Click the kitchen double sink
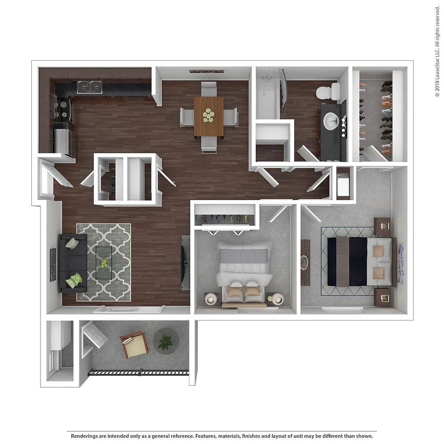click(x=90, y=87)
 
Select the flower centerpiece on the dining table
click(x=208, y=115)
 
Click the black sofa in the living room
click(x=73, y=263)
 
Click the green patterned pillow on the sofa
click(x=74, y=281)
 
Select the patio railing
click(x=138, y=373)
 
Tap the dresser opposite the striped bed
click(x=305, y=263)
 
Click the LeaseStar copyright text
click(x=437, y=52)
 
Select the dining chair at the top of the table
click(x=209, y=89)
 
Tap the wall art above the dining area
click(x=207, y=72)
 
